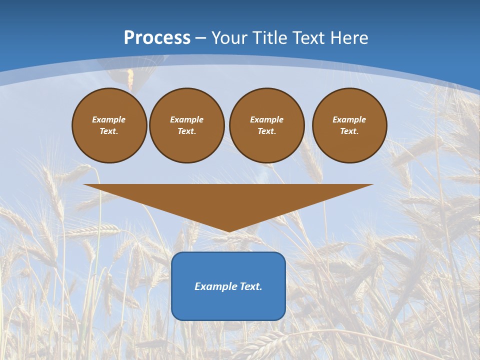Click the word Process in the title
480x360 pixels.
click(x=157, y=38)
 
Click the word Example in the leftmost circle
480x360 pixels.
click(x=109, y=119)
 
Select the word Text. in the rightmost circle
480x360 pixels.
click(x=349, y=131)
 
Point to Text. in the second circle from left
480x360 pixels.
click(x=187, y=131)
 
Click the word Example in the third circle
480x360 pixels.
click(x=267, y=119)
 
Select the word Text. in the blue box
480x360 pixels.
click(x=250, y=286)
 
